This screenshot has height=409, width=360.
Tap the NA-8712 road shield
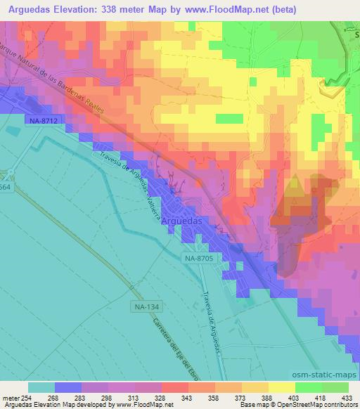[x=43, y=121]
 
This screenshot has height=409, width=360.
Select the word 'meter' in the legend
[x=11, y=398]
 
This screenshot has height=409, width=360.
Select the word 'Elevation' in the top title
[x=89, y=10]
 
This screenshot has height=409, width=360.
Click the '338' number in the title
[x=129, y=10]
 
